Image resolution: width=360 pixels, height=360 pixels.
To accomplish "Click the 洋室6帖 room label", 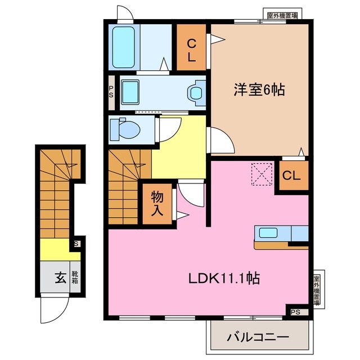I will [x=259, y=90].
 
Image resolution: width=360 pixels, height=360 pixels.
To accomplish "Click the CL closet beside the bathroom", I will [x=191, y=49].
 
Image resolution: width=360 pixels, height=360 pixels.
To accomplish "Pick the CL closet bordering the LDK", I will [x=291, y=176].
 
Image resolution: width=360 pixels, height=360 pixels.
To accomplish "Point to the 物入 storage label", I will [x=157, y=203].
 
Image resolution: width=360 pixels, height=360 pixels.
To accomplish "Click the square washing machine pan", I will [x=133, y=91].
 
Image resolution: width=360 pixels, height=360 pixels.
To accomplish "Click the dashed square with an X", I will [x=262, y=173].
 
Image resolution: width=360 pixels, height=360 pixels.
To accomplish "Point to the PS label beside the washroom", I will [x=111, y=91].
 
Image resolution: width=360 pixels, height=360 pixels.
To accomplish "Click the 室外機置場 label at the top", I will [x=283, y=16].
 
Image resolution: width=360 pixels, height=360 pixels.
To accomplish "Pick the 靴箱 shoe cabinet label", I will [x=74, y=277].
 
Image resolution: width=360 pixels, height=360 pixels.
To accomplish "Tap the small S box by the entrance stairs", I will [x=77, y=244].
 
